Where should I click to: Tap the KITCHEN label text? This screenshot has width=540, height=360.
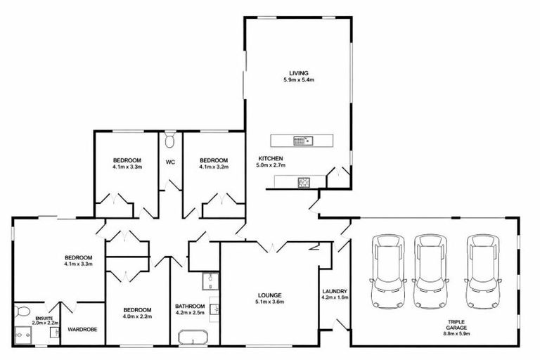(270, 157)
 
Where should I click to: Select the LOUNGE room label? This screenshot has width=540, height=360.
(269, 295)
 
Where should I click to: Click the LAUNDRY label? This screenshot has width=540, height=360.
(335, 291)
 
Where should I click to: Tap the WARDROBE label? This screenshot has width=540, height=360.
(82, 328)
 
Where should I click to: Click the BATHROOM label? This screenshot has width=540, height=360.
(190, 307)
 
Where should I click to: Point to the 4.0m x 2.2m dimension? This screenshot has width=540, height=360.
(137, 317)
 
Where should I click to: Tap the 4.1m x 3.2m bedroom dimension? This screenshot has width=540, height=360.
(213, 167)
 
